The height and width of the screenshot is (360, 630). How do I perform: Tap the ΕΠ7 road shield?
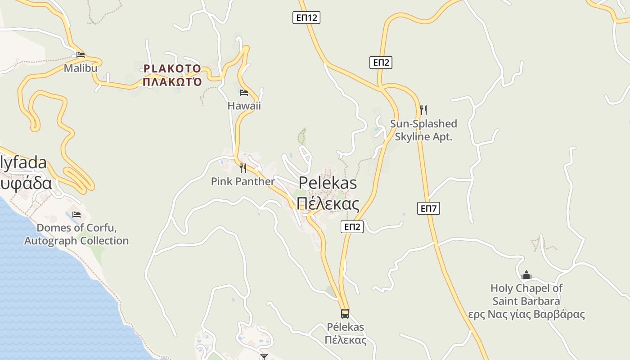click(x=428, y=208)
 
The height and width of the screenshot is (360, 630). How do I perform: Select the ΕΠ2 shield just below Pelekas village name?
click(x=352, y=227)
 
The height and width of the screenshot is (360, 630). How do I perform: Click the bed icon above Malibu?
click(x=81, y=55)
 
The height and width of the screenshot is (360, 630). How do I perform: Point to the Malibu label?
click(x=81, y=68)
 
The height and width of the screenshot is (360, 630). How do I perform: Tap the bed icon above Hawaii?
click(x=244, y=93)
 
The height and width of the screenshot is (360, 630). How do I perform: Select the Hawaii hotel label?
click(x=244, y=106)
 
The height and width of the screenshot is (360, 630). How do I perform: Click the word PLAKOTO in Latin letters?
click(x=172, y=69)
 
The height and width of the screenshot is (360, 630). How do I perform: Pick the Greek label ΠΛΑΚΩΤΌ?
click(x=172, y=82)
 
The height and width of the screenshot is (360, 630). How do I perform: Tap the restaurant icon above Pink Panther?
click(x=243, y=168)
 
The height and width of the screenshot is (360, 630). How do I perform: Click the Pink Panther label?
click(x=243, y=181)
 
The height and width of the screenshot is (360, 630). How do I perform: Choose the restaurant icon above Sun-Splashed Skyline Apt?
click(x=423, y=110)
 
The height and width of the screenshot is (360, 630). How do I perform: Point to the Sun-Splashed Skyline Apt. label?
click(x=423, y=130)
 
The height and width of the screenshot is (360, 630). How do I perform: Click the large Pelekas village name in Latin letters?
click(x=328, y=183)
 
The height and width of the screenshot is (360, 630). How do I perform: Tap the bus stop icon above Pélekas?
click(x=345, y=314)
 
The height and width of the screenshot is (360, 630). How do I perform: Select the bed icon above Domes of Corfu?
click(x=76, y=214)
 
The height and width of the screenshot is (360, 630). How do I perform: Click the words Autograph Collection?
click(x=76, y=241)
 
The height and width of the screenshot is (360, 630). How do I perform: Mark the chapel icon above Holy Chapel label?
click(x=526, y=275)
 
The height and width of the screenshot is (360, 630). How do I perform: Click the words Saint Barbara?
click(x=526, y=301)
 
